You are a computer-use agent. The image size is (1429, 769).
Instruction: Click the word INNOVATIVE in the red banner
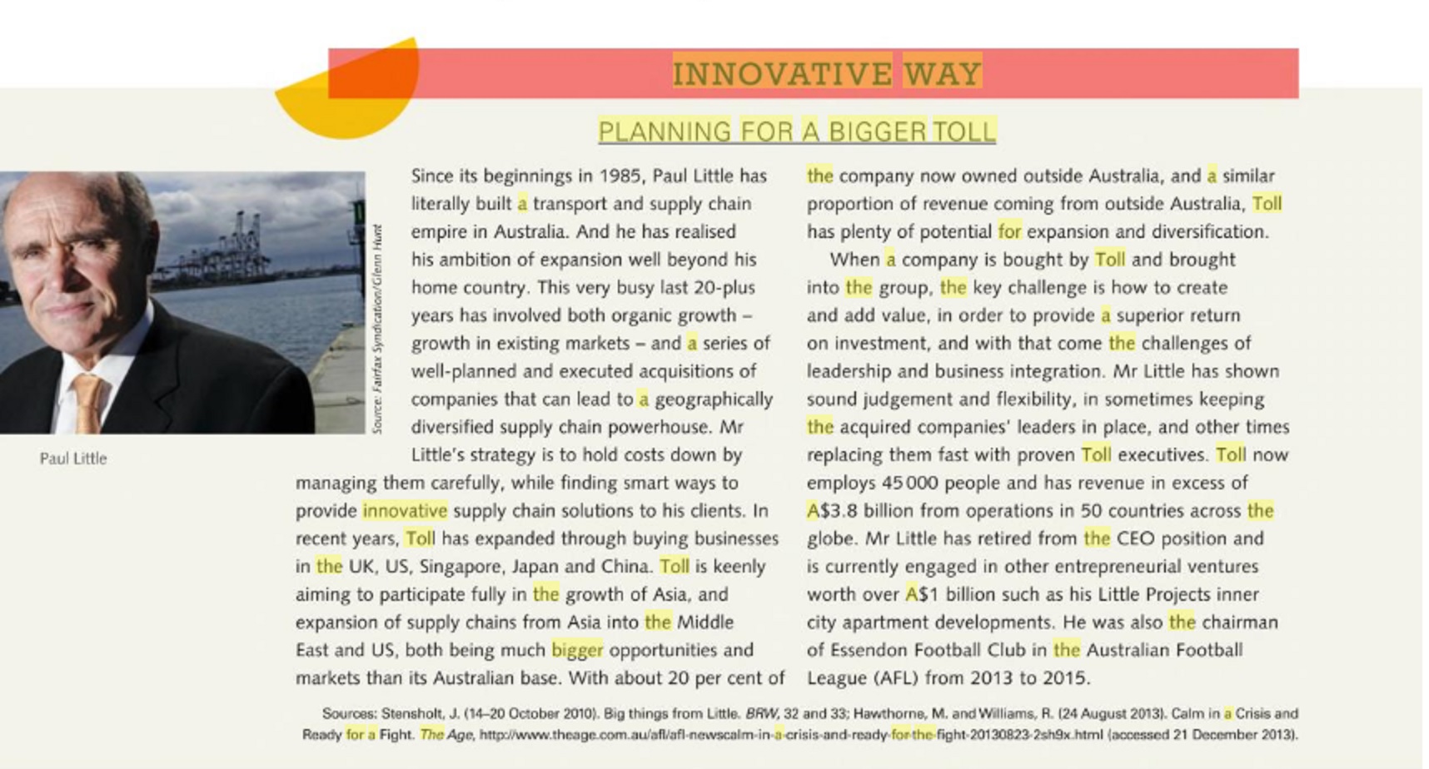point(781,73)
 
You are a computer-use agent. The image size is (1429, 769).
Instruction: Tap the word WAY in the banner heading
point(942,73)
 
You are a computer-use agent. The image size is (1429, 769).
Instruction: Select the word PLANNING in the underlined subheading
point(664,131)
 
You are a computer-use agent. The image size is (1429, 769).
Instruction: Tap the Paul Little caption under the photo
point(73,459)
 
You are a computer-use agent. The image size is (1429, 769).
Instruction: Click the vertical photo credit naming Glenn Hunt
point(377,329)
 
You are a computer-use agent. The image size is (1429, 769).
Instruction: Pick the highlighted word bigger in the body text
point(577,650)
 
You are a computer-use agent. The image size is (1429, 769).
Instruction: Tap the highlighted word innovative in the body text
point(405,511)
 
